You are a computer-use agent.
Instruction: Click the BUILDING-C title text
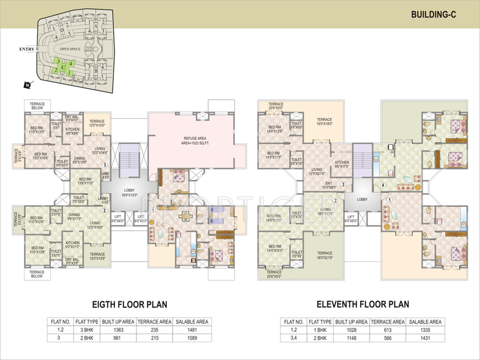[433, 15]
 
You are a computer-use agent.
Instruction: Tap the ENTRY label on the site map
[27, 49]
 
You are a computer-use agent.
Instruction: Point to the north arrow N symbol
[27, 85]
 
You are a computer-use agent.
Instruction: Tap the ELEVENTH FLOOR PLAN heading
[362, 304]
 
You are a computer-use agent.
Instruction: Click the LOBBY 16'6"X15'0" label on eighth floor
[129, 192]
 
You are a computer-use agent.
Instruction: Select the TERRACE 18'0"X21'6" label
[324, 256]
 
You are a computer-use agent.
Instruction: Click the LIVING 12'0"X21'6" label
[316, 171]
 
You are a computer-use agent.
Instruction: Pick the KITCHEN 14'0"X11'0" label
[273, 218]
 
